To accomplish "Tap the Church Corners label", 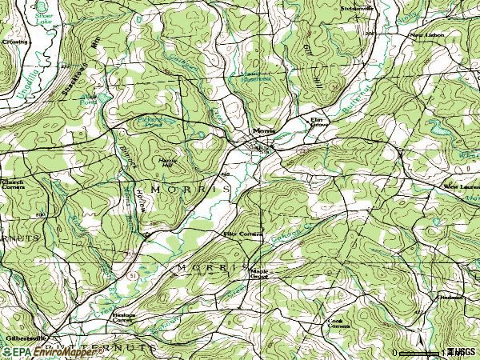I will pyautogui.click(x=13, y=183).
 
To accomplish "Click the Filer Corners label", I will pyautogui.click(x=238, y=234).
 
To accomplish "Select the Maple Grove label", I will pyautogui.click(x=259, y=274).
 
